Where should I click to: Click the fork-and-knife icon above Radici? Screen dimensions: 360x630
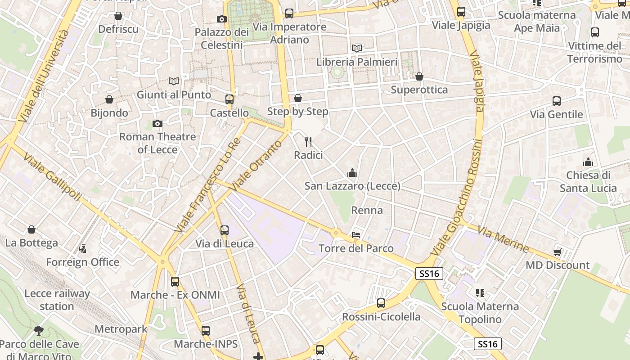pos(308,142)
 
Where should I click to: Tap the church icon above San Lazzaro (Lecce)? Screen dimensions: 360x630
pos(352,172)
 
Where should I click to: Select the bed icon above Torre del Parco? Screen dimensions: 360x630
pos(356,234)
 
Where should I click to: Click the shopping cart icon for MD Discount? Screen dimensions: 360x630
pos(558,252)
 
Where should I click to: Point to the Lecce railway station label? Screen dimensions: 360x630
pos(57,300)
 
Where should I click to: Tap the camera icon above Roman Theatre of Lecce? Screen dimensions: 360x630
pos(157,123)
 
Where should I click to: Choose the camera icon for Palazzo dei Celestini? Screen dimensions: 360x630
pos(221,19)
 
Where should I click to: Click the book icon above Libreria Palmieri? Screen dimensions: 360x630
pos(357,48)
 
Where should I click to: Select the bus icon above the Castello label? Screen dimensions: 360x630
pos(229,99)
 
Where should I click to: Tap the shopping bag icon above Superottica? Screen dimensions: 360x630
pos(419,76)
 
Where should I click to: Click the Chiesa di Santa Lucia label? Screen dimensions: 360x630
pos(588,181)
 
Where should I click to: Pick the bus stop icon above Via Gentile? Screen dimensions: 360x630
pos(557,101)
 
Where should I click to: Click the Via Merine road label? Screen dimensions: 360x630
pos(503,239)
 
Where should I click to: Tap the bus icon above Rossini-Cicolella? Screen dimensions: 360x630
pos(381,303)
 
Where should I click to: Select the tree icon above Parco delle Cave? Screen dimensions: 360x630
pos(39,331)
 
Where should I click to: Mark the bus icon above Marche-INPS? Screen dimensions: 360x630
pos(206,331)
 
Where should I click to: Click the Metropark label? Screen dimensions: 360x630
pos(121,329)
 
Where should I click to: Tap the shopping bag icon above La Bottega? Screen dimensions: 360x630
pos(31,229)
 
